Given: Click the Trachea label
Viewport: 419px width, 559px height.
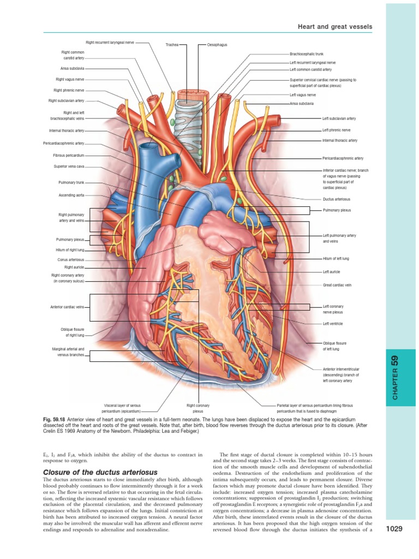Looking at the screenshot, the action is tap(171, 45).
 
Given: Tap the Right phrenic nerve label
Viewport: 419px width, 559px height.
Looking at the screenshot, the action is tap(69, 90).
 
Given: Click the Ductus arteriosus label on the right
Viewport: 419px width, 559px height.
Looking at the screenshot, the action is tap(337, 199).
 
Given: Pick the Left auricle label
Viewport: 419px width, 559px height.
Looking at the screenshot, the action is tap(332, 271).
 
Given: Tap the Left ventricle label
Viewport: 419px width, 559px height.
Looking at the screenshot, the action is tap(333, 324).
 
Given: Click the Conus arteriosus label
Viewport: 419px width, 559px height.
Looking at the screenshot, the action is tap(71, 260).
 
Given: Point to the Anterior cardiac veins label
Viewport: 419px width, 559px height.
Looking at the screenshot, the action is tap(67, 307).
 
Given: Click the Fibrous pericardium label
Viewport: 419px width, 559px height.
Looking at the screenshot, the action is tap(68, 155).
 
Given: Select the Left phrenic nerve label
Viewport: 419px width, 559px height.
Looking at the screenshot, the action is tap(336, 130).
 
